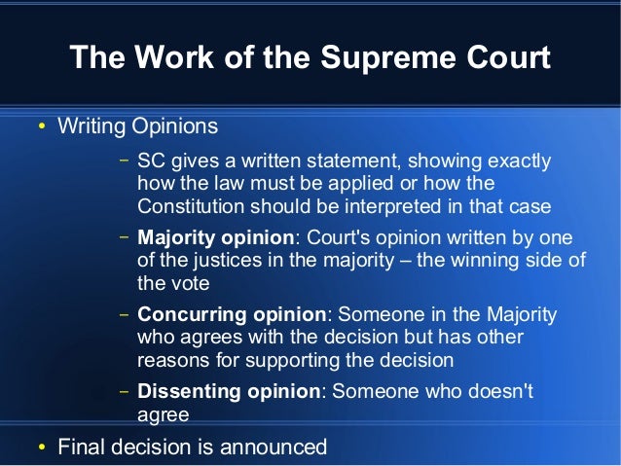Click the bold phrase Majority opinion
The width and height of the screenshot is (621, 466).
click(x=215, y=238)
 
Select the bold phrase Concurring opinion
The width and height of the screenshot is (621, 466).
click(x=232, y=315)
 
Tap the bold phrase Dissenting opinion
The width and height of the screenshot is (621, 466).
click(x=229, y=392)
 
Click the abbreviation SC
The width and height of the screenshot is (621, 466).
click(x=151, y=161)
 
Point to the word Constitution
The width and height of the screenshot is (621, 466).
click(x=191, y=206)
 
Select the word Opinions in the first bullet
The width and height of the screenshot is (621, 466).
click(x=176, y=127)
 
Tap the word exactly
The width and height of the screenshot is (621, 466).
click(x=516, y=161)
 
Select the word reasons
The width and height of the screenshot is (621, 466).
click(x=170, y=360)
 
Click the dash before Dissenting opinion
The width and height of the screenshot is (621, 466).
click(x=124, y=393)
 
